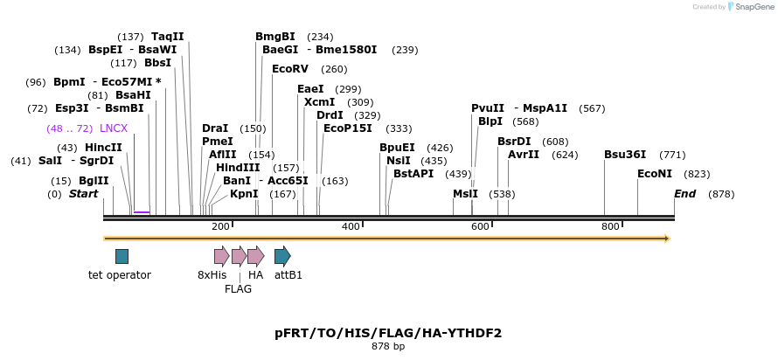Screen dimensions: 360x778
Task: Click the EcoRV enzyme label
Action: (290, 69)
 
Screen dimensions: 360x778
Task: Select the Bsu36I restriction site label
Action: (625, 155)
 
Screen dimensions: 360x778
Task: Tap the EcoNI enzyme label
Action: (655, 174)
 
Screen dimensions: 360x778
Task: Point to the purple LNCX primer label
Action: (114, 128)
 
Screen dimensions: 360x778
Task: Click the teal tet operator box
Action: (122, 256)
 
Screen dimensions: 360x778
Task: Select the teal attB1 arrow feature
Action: (282, 256)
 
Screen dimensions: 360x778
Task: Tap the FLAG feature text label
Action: (238, 289)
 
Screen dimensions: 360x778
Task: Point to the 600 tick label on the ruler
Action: (480, 227)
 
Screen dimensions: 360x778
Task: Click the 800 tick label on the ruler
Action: (610, 227)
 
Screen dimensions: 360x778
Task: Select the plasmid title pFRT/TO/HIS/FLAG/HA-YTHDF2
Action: (388, 333)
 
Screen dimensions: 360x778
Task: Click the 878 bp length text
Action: (388, 347)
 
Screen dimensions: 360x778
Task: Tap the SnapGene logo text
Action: (751, 7)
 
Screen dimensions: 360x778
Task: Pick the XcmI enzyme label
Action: (319, 102)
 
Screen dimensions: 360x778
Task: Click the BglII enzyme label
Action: (92, 181)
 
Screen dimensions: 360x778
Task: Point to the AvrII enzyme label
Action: (524, 155)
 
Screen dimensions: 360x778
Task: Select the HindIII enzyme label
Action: (238, 168)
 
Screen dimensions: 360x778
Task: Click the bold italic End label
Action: (684, 194)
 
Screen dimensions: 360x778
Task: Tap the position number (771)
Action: (672, 155)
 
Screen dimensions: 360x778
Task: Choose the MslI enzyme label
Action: (465, 194)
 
